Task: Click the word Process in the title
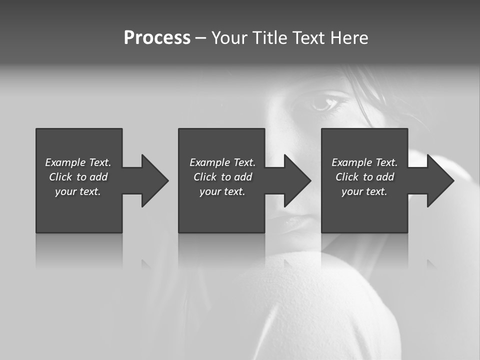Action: click(157, 38)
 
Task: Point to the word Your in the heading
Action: click(229, 38)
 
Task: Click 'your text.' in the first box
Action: click(78, 191)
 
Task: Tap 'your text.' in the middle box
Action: click(222, 191)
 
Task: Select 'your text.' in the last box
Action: click(364, 191)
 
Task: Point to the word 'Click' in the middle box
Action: click(205, 177)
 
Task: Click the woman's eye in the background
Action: click(323, 103)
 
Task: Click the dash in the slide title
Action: click(200, 38)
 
